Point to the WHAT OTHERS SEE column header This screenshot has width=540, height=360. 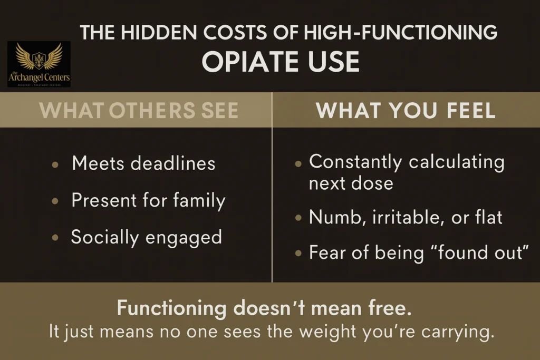click(x=139, y=110)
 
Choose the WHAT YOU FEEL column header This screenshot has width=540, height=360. click(x=406, y=110)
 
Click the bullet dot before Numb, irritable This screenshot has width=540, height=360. click(x=298, y=217)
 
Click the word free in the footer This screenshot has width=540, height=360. click(x=389, y=308)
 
